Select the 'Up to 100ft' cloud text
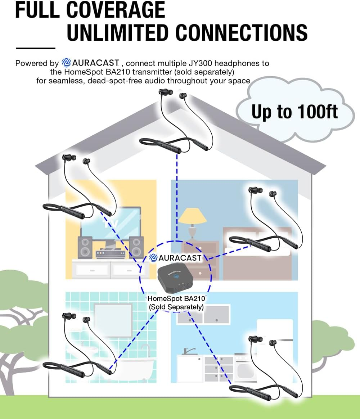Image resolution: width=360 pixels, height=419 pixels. pyautogui.click(x=294, y=112)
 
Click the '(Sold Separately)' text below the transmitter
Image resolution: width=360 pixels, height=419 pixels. pyautogui.click(x=176, y=307)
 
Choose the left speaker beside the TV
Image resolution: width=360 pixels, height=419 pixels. pyautogui.click(x=85, y=247)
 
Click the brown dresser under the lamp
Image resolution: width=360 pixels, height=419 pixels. pyautogui.click(x=202, y=252)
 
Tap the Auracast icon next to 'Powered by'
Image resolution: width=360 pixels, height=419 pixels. pyautogui.click(x=67, y=63)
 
